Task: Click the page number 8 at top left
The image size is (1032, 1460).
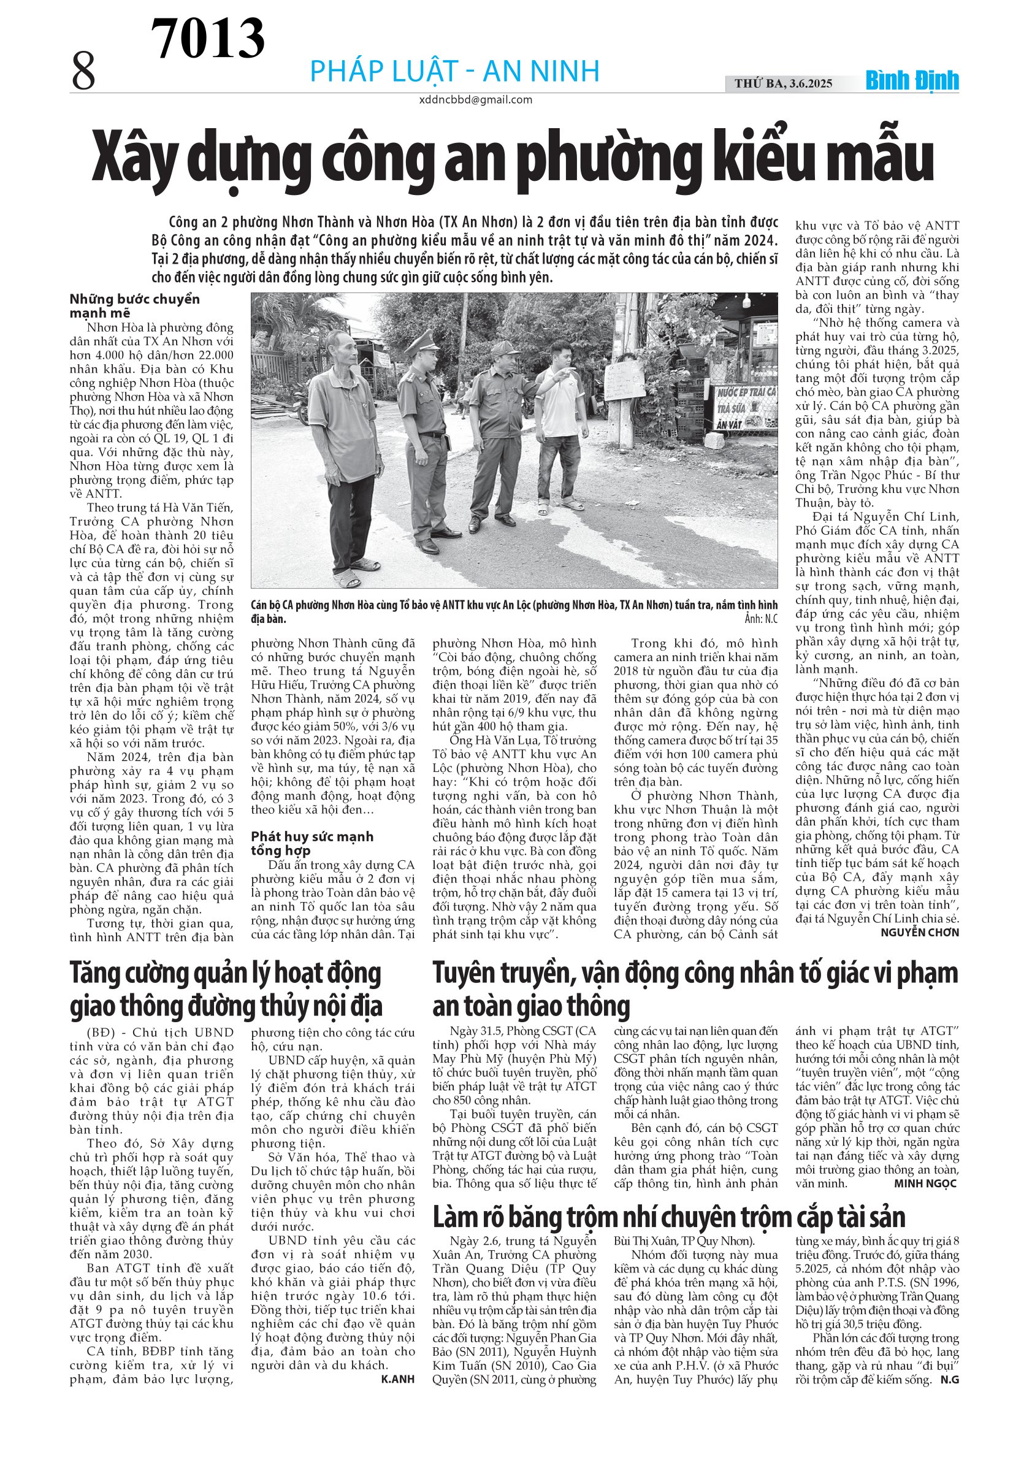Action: coord(83,72)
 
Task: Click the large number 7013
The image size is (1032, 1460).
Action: coord(207,38)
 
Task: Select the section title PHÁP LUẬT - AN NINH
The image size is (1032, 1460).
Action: coord(454,71)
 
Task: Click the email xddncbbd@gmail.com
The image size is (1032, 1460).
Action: coord(475,100)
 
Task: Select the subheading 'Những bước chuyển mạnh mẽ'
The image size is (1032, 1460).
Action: coord(135,305)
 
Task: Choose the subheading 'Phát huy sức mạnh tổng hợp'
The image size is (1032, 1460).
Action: coord(312,843)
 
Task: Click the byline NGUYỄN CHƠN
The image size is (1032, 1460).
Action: coord(919,932)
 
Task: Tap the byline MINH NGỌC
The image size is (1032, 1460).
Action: coord(925,1183)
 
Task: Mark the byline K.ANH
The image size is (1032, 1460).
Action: coord(397,1378)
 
